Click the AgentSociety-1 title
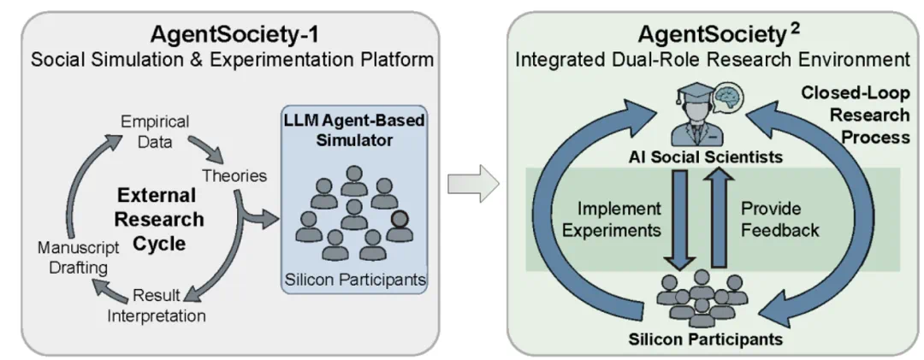tap(234, 34)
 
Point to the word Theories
tap(234, 175)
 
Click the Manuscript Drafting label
tap(78, 257)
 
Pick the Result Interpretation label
tap(157, 305)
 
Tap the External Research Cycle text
tap(159, 219)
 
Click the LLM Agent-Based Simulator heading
tap(355, 131)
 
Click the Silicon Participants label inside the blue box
tap(355, 280)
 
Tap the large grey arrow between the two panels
tap(473, 184)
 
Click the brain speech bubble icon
tap(727, 96)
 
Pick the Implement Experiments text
tap(611, 219)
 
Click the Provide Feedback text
tap(779, 219)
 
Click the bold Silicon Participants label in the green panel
tap(705, 339)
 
